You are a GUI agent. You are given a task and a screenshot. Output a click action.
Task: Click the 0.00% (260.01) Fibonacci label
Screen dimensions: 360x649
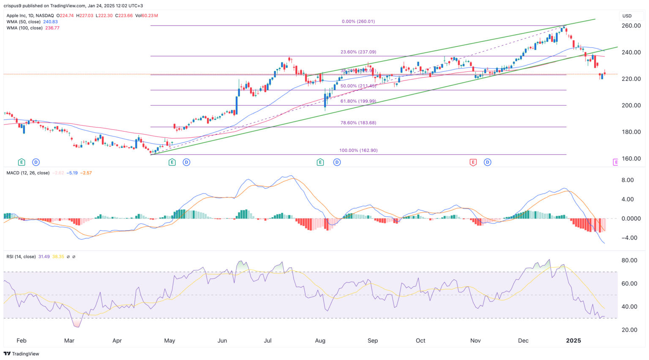click(x=358, y=22)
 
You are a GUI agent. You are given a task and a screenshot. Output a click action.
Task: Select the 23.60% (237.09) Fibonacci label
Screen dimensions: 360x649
click(x=358, y=52)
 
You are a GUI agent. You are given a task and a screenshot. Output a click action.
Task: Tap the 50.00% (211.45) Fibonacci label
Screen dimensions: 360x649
click(x=358, y=86)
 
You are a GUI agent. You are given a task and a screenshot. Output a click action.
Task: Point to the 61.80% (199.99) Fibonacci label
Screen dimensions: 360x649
click(x=358, y=101)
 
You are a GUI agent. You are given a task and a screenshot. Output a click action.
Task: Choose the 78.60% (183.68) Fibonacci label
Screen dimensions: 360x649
click(x=358, y=123)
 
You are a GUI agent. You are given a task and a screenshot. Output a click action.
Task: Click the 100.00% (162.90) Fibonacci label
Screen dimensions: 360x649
click(x=358, y=150)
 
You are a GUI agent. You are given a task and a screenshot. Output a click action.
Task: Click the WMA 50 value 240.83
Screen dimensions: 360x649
click(x=50, y=22)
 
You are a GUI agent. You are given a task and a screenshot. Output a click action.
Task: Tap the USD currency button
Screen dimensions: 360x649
click(x=627, y=16)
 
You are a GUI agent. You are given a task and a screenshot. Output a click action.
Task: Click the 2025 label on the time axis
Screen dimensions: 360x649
click(x=573, y=341)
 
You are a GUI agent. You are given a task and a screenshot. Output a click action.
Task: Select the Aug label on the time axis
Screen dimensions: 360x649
click(x=320, y=341)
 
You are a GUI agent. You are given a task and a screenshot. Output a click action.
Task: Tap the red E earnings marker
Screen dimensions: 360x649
click(x=473, y=162)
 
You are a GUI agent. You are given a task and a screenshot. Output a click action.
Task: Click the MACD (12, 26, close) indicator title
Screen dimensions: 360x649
click(x=28, y=173)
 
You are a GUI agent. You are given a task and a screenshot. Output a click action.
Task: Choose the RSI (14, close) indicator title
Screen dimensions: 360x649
click(x=21, y=256)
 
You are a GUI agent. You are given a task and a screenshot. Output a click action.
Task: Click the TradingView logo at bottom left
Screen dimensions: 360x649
click(x=22, y=354)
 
